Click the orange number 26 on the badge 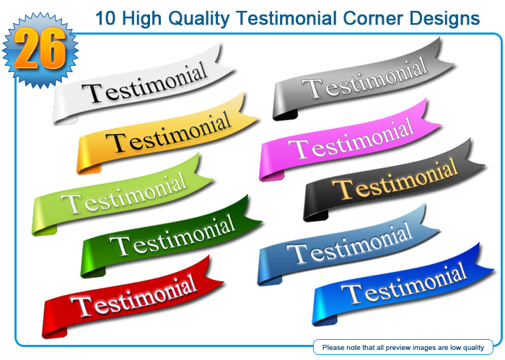pyautogui.click(x=40, y=48)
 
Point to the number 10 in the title pyautogui.click(x=105, y=18)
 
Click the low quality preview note pyautogui.click(x=403, y=348)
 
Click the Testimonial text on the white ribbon pyautogui.click(x=144, y=83)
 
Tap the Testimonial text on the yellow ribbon pyautogui.click(x=169, y=133)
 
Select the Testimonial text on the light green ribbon pyautogui.click(x=124, y=193)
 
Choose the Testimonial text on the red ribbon pyautogui.click(x=134, y=296)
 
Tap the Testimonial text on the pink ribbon pyautogui.click(x=351, y=139)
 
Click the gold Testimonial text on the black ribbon pyautogui.click(x=395, y=179)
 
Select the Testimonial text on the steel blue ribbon pyautogui.click(x=349, y=243)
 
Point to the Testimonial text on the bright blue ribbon pyautogui.click(x=404, y=284)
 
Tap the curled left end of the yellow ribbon pyautogui.click(x=87, y=161)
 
